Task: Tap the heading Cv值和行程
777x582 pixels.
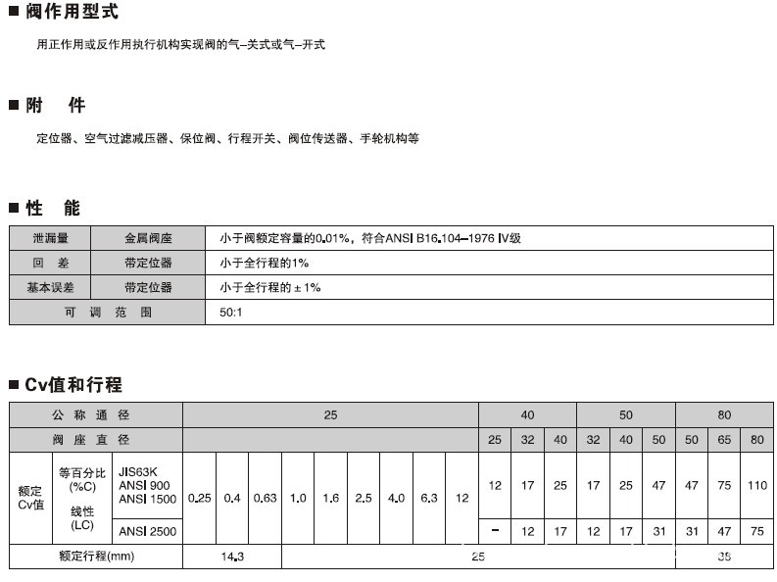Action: (x=73, y=385)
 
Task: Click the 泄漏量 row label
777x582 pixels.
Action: (x=50, y=238)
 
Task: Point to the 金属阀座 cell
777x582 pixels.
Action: (x=148, y=238)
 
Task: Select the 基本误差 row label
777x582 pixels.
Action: (x=50, y=288)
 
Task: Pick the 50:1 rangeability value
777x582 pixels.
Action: (x=233, y=314)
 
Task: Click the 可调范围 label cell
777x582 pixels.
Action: (x=108, y=314)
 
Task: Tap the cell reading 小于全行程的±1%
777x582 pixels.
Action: (x=270, y=288)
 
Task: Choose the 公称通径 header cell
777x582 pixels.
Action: (x=96, y=415)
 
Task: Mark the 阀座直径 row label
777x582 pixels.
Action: (x=96, y=440)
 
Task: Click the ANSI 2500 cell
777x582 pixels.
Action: (x=148, y=532)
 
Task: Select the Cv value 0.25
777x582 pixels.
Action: (x=199, y=498)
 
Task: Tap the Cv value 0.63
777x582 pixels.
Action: (x=265, y=498)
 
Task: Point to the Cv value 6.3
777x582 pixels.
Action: (x=428, y=498)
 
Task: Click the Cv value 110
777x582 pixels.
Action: (x=756, y=486)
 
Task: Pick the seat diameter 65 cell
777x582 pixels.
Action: (x=724, y=440)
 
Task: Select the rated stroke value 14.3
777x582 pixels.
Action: (x=231, y=558)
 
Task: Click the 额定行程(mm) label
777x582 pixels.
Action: (x=96, y=558)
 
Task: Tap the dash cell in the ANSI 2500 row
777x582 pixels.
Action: (x=495, y=532)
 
